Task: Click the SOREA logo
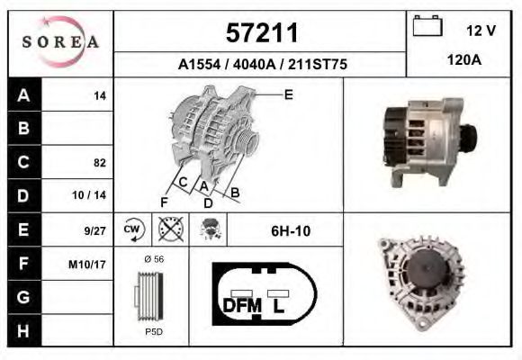pyautogui.click(x=59, y=43)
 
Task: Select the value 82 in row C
pyautogui.click(x=99, y=163)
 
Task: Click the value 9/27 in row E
pyautogui.click(x=95, y=230)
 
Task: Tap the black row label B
pyautogui.click(x=23, y=129)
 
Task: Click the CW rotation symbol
pyautogui.click(x=132, y=230)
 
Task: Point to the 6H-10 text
pyautogui.click(x=291, y=231)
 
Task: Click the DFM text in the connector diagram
pyautogui.click(x=241, y=306)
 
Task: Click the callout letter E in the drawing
pyautogui.click(x=288, y=94)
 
